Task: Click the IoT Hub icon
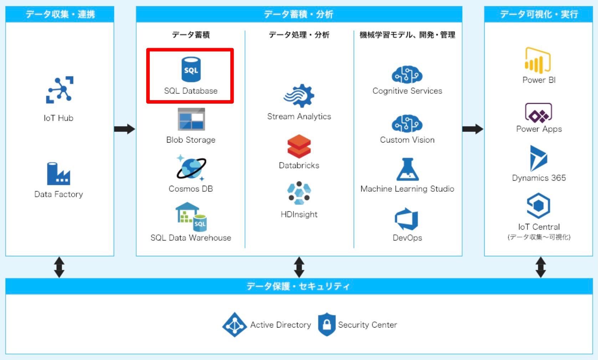click(60, 90)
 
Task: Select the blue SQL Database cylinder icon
click(191, 69)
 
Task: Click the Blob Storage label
click(191, 140)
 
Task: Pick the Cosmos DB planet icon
click(191, 168)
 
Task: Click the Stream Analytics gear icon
click(299, 96)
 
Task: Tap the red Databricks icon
click(299, 146)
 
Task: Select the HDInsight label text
click(299, 214)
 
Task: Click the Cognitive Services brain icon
click(407, 75)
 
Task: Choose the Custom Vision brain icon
click(407, 124)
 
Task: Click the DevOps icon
click(407, 219)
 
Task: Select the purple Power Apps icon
click(538, 113)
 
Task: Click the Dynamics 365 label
click(539, 178)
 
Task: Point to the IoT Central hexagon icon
click(538, 206)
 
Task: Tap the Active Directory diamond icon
click(234, 325)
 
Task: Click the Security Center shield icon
click(327, 324)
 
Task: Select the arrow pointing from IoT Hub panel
click(124, 129)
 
